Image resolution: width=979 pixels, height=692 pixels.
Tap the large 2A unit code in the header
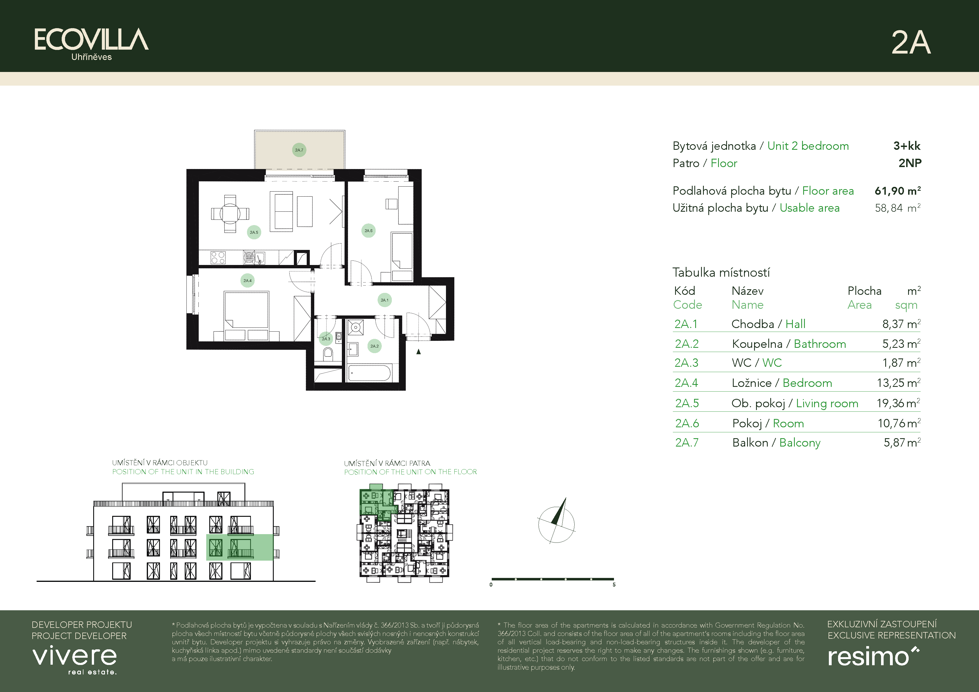click(x=911, y=43)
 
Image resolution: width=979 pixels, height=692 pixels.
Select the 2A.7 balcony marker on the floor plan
click(x=299, y=150)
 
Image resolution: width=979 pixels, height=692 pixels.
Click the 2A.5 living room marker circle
click(x=254, y=232)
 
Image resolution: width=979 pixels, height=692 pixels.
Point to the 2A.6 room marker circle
click(x=368, y=230)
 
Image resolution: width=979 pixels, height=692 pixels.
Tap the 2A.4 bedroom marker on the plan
click(x=247, y=280)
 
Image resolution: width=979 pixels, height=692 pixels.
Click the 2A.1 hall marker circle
click(x=385, y=300)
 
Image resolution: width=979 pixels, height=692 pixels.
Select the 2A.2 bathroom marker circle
click(x=374, y=346)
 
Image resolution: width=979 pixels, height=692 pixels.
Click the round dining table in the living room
click(x=230, y=213)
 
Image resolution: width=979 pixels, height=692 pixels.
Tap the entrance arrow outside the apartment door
click(x=419, y=351)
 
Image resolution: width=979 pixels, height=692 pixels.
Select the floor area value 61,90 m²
click(x=898, y=191)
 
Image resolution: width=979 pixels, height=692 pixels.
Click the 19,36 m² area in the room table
click(x=898, y=403)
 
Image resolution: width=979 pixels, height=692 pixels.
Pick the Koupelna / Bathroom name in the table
click(x=789, y=344)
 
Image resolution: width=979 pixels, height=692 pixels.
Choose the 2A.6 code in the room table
click(x=687, y=423)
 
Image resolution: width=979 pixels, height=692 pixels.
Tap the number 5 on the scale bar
click(x=614, y=585)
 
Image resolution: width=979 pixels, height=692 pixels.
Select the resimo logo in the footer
click(x=873, y=656)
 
